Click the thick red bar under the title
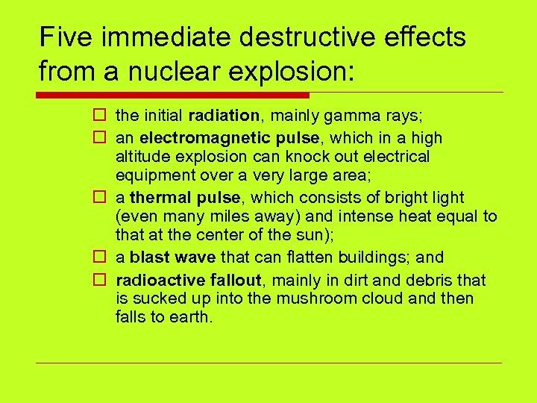(x=172, y=95)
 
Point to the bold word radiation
(x=222, y=116)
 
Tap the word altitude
(x=142, y=157)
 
